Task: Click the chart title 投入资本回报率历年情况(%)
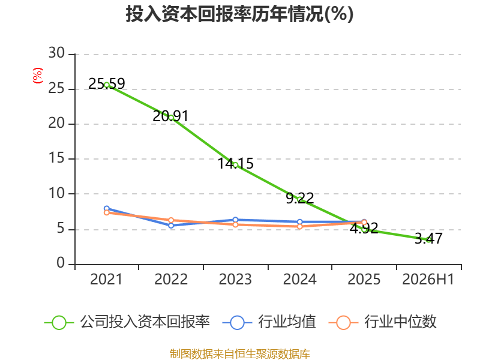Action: tap(239, 14)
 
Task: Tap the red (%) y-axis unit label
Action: tap(37, 76)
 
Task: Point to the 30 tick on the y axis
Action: tap(56, 53)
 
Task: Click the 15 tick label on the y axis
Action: tap(56, 158)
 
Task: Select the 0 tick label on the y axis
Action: tap(61, 263)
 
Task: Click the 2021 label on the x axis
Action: tap(106, 279)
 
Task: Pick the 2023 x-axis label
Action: tap(235, 279)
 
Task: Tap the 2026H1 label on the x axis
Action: tap(428, 279)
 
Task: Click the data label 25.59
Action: tap(107, 83)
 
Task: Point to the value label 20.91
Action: tap(170, 116)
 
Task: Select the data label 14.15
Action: tap(235, 163)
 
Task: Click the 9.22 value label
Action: tap(300, 198)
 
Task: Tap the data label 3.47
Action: tap(428, 238)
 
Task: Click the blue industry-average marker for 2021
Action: tap(107, 208)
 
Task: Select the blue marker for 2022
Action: tap(171, 226)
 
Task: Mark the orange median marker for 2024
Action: tap(299, 227)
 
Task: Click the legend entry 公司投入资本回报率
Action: tap(127, 322)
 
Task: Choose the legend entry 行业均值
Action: tap(269, 322)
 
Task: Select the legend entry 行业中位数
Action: tap(383, 322)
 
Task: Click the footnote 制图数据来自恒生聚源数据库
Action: tap(239, 354)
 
